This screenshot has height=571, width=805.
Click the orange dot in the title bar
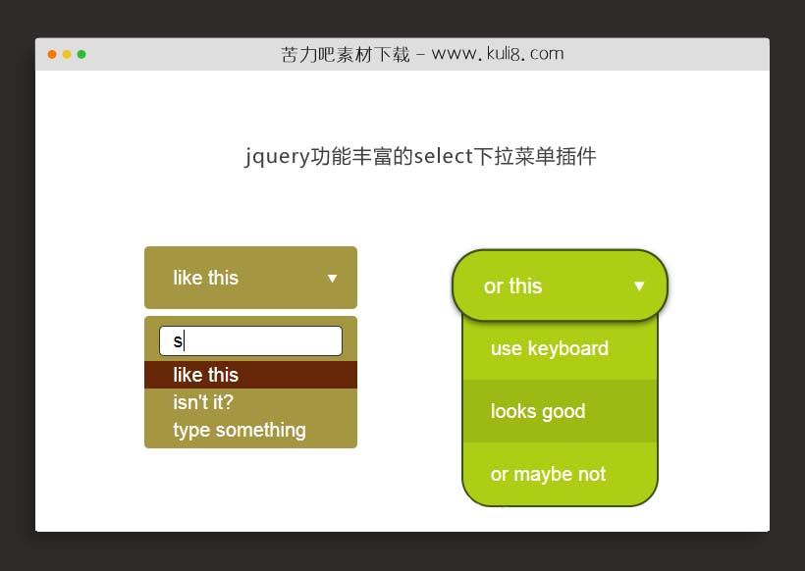click(52, 54)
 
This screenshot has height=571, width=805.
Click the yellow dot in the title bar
click(67, 54)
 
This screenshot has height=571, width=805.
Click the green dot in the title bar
click(81, 54)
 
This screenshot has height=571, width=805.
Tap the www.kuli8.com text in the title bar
click(498, 54)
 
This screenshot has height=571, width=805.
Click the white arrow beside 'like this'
click(332, 279)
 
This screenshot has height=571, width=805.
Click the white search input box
click(250, 340)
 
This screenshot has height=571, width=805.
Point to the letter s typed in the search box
click(178, 341)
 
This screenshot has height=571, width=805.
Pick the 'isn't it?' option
click(203, 402)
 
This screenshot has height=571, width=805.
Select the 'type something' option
click(240, 430)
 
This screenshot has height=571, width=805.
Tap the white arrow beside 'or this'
click(639, 286)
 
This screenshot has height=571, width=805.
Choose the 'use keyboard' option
click(550, 348)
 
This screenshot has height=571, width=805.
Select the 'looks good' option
click(538, 411)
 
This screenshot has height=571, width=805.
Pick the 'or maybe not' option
click(548, 474)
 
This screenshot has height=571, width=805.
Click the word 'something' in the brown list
click(262, 430)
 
